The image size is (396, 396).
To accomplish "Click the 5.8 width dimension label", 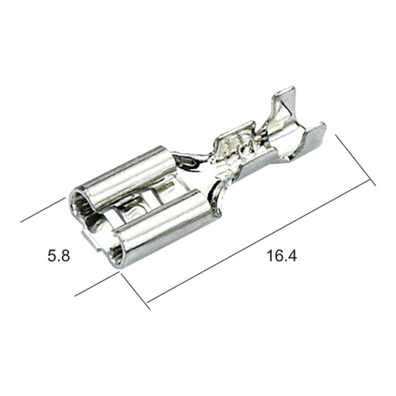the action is [x=59, y=256].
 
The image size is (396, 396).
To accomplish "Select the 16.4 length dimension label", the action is [x=282, y=256].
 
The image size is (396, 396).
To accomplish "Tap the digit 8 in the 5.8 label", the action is [x=65, y=256].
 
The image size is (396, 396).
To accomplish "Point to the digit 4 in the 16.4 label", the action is [x=292, y=256].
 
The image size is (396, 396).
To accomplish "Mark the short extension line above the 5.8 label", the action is [x=43, y=210].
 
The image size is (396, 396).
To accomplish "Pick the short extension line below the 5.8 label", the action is [x=96, y=284].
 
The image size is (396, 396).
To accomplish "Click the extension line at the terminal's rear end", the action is [x=356, y=160].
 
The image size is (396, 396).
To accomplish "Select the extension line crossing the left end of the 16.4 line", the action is [x=135, y=291].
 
